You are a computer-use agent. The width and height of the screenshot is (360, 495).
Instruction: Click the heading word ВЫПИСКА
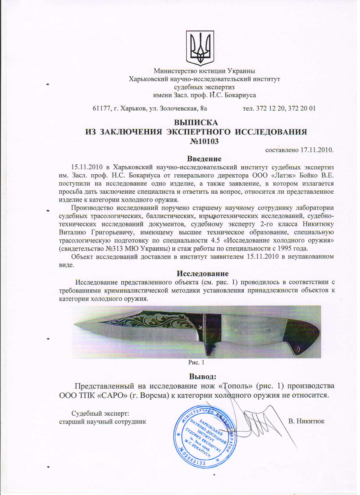tap(196, 123)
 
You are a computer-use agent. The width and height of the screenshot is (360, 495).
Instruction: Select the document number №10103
tap(204, 141)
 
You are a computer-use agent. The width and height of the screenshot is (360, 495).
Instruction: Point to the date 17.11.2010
tap(317, 150)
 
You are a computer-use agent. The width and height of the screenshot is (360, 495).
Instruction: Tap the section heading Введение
tap(204, 159)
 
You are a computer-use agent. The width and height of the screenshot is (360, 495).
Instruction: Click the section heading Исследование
tap(202, 273)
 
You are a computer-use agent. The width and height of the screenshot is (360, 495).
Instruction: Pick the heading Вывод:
tap(202, 376)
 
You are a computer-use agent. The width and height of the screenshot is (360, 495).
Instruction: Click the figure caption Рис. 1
tap(196, 362)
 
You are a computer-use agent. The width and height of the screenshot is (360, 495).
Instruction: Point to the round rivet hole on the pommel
tap(297, 350)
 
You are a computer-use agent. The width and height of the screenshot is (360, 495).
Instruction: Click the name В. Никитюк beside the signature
tap(306, 421)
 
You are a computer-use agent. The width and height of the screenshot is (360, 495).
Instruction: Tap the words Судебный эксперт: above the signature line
tap(100, 413)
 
